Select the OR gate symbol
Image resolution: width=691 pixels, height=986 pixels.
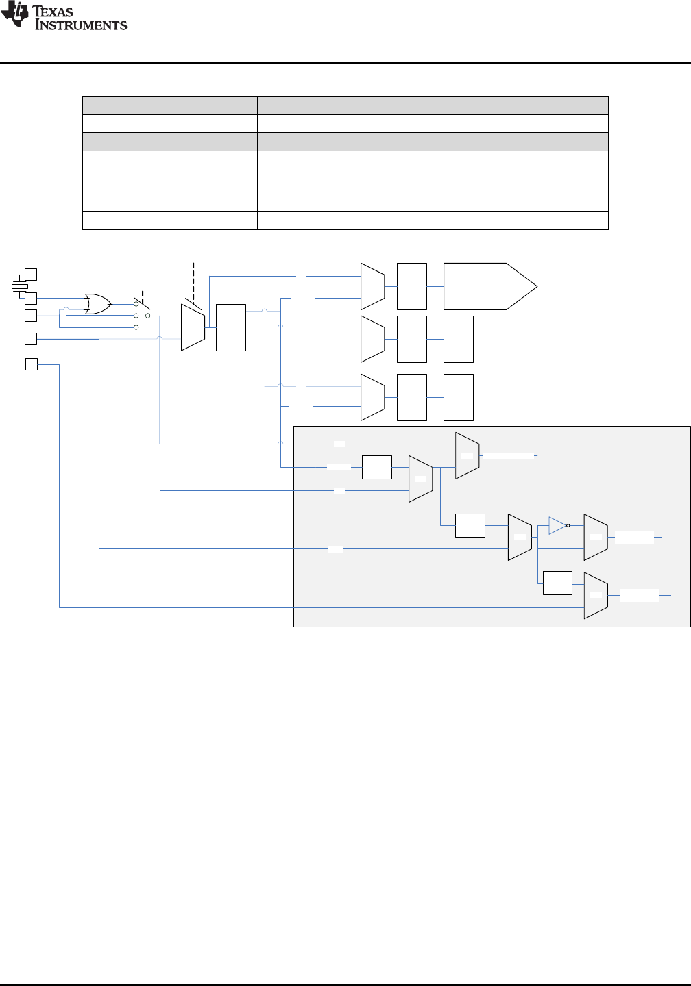[x=98, y=303]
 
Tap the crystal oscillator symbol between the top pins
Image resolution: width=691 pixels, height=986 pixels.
[x=19, y=286]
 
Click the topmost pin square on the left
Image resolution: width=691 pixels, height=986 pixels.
[x=31, y=275]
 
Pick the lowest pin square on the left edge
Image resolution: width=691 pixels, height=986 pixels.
[x=32, y=364]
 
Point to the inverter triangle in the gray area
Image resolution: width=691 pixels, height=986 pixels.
[x=557, y=526]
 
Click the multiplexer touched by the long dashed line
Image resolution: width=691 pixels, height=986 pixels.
[x=193, y=327]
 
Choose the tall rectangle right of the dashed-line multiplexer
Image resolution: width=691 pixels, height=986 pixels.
[x=231, y=327]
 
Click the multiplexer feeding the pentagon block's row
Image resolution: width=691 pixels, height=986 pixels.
[x=373, y=286]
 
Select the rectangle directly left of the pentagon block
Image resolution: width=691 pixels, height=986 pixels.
[x=411, y=286]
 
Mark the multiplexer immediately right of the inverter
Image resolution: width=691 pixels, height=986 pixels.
[x=595, y=537]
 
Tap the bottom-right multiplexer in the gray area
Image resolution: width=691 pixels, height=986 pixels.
[x=595, y=595]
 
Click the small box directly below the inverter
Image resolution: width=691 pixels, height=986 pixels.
[x=557, y=582]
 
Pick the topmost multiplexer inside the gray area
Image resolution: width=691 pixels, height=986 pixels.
[x=467, y=455]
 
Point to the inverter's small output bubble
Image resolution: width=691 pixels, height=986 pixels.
[x=568, y=526]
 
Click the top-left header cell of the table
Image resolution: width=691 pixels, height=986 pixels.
[x=169, y=105]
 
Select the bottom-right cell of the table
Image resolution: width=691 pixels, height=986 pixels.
[x=520, y=220]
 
